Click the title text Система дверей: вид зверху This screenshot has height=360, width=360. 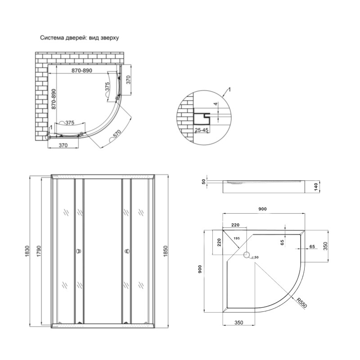(79, 39)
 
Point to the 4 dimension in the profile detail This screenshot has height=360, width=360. (216, 104)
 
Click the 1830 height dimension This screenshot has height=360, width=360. (27, 250)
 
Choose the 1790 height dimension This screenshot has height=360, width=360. (39, 250)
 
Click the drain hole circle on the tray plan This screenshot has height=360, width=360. (247, 256)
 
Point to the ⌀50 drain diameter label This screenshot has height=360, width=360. (256, 257)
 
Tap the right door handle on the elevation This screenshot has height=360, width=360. (126, 252)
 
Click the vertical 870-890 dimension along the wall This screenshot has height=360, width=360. (53, 99)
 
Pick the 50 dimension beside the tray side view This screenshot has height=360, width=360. (203, 181)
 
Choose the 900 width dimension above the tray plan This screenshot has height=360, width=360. (262, 209)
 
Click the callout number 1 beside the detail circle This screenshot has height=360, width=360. (230, 90)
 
